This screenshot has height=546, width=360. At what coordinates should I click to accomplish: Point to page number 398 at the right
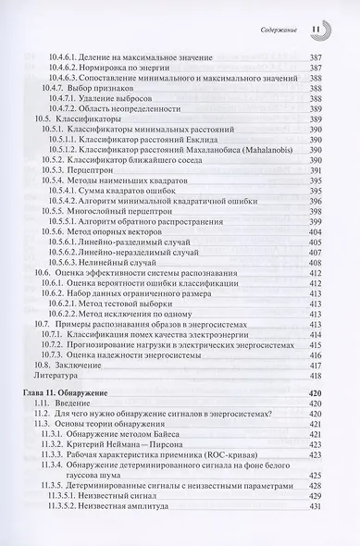[x=315, y=205]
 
